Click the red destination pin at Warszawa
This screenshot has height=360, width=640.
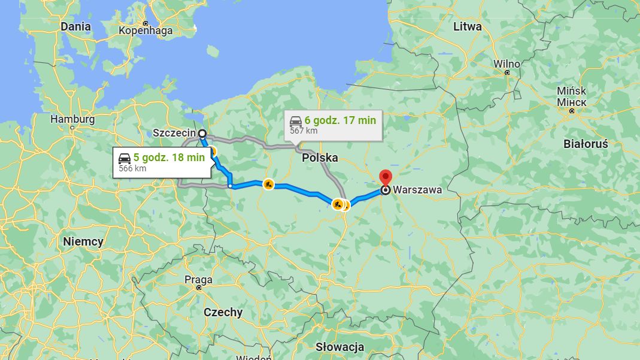(x=386, y=177)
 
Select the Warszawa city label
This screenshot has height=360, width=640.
(x=417, y=190)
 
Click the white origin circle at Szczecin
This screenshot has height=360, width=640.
(x=202, y=133)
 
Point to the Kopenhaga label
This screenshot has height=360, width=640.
(x=145, y=31)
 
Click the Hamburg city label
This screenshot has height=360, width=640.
(x=72, y=119)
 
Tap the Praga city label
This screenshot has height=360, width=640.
(x=199, y=280)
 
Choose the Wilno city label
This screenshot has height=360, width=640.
(x=506, y=64)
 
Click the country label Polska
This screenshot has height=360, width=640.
(x=320, y=158)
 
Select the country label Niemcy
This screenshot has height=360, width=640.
(x=83, y=242)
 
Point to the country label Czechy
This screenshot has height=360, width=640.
(x=223, y=312)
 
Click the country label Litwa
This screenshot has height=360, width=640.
(x=467, y=26)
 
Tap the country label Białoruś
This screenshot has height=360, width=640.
(x=586, y=144)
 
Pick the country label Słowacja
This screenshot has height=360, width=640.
(x=339, y=347)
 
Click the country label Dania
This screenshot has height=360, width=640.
(x=75, y=26)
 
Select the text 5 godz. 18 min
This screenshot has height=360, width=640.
(x=169, y=158)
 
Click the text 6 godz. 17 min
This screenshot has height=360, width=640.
(x=340, y=120)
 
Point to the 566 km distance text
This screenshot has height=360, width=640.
(x=132, y=168)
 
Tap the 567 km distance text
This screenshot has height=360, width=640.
(x=304, y=131)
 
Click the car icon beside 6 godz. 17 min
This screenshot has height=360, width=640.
(x=296, y=120)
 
